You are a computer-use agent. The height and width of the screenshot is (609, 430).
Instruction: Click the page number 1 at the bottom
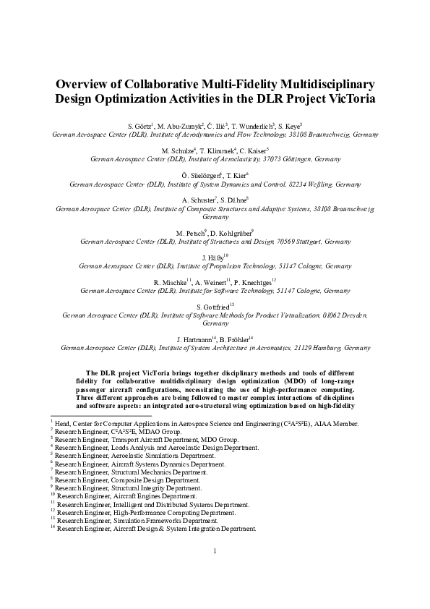[215, 571]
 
